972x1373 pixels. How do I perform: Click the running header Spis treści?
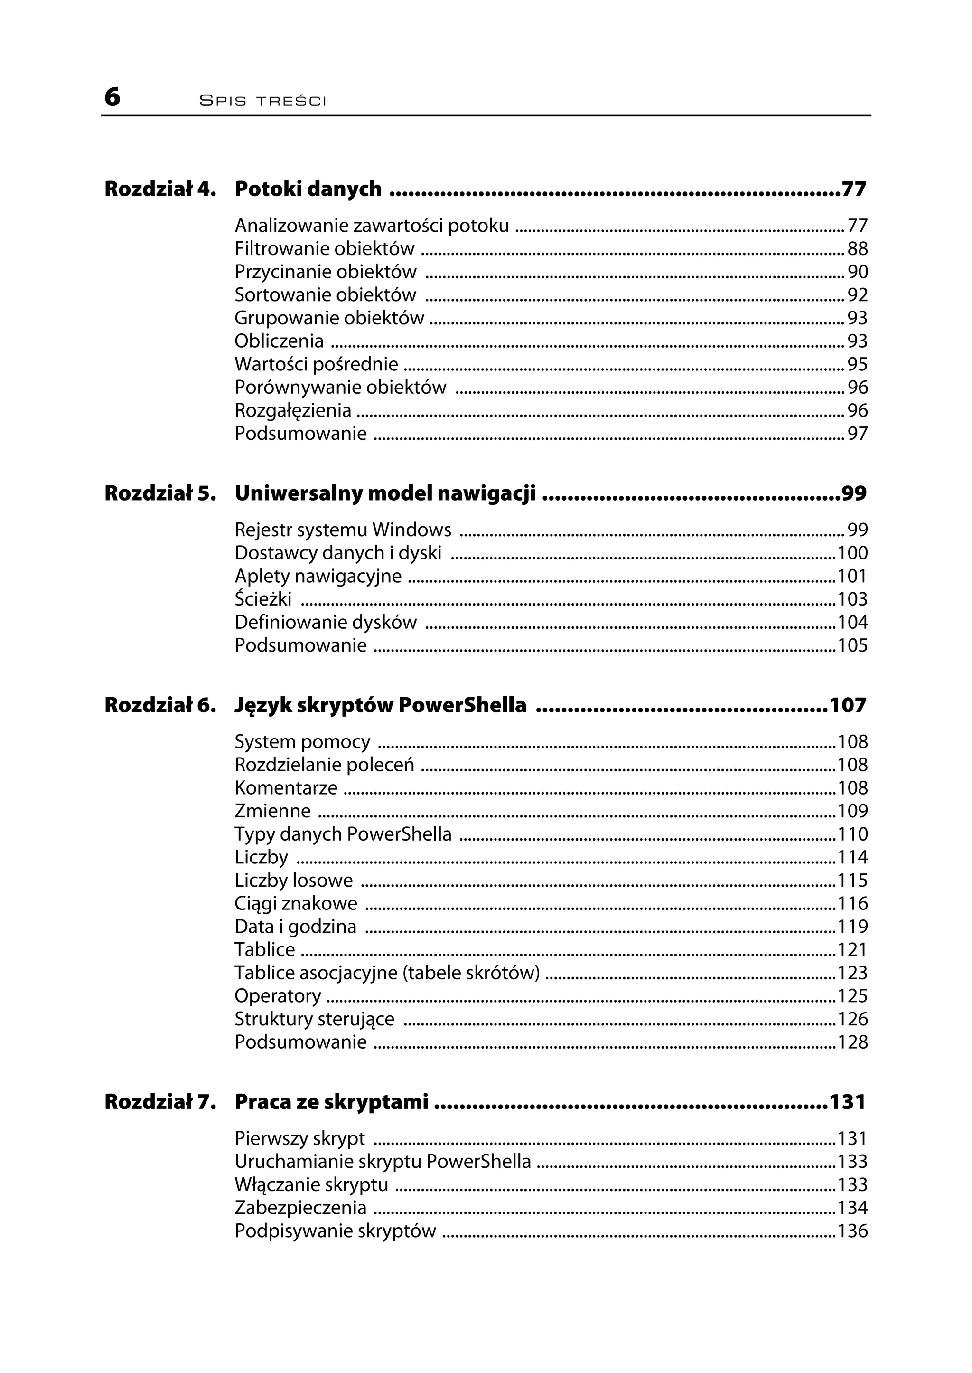point(263,101)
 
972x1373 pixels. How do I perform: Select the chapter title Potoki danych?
point(308,189)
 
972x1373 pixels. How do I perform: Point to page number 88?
point(857,248)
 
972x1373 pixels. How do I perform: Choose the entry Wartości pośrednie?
point(316,364)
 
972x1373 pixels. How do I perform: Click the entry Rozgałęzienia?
point(293,411)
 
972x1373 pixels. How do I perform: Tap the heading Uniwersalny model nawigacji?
point(385,493)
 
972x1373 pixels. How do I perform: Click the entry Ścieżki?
point(263,599)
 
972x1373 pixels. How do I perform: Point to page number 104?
point(852,623)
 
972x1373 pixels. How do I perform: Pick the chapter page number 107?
point(848,705)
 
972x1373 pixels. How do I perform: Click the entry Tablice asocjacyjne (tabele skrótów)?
point(387,973)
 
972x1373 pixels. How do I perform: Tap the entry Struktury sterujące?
point(314,1019)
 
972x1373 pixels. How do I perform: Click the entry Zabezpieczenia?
point(300,1208)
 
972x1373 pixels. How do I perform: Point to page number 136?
point(852,1231)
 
